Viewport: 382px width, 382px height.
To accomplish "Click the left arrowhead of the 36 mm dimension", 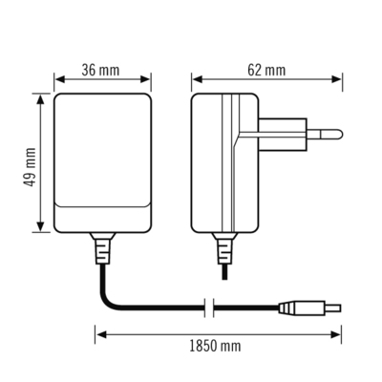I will pyautogui.click(x=57, y=80).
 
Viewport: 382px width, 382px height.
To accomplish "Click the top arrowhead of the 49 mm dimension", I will pyautogui.click(x=41, y=96).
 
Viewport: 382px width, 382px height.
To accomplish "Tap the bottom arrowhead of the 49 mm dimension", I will pyautogui.click(x=41, y=228).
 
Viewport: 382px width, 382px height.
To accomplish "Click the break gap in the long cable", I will pyautogui.click(x=209, y=308).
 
